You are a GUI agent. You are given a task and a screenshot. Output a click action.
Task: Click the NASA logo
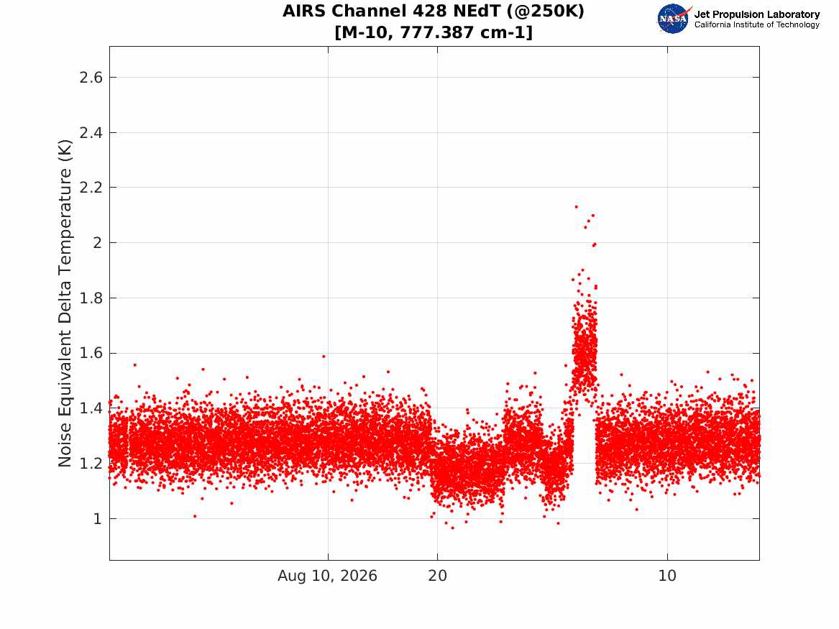(674, 19)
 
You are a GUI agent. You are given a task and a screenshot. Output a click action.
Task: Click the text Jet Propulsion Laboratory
(756, 14)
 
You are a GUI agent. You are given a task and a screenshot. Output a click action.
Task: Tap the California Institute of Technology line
(756, 24)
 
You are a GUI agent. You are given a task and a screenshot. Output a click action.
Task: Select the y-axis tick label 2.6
(91, 78)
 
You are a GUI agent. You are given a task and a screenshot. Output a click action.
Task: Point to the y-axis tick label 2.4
(91, 133)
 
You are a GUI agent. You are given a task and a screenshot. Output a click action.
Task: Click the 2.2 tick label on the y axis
(91, 188)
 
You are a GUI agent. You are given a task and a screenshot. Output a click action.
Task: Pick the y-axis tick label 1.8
(91, 298)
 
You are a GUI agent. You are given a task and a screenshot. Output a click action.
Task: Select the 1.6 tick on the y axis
(91, 353)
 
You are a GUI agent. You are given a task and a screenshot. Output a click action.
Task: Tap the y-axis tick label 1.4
(91, 408)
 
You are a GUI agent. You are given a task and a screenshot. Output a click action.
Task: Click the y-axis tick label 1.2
(91, 464)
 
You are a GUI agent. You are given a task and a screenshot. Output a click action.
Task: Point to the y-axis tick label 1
(97, 519)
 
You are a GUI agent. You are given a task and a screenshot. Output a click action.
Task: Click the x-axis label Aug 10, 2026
(327, 576)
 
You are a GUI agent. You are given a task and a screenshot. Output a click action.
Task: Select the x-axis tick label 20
(437, 576)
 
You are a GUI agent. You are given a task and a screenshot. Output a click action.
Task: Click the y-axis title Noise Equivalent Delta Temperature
(65, 303)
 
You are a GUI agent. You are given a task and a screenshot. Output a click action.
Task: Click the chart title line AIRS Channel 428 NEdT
(434, 11)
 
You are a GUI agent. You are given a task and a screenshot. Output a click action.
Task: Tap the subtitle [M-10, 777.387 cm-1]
(434, 32)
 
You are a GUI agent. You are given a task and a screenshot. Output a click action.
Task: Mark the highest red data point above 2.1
(577, 206)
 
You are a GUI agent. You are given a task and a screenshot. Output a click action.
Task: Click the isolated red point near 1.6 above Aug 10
(324, 357)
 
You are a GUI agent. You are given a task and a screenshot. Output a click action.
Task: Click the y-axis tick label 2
(97, 243)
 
